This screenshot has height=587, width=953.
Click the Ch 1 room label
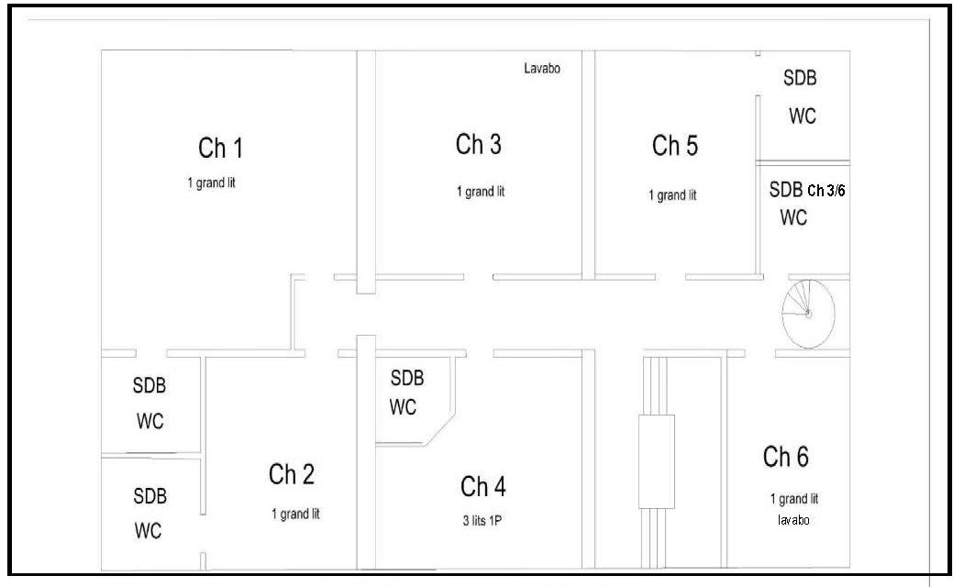click(220, 149)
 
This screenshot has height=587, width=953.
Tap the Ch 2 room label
click(292, 474)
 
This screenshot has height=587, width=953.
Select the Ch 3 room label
click(478, 145)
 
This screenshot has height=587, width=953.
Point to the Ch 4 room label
click(483, 487)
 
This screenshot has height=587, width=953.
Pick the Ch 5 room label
click(675, 146)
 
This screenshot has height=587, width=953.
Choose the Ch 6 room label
click(786, 457)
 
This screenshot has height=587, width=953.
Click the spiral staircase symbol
click(808, 314)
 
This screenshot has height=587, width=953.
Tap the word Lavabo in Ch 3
click(542, 68)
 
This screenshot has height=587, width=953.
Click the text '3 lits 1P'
click(482, 521)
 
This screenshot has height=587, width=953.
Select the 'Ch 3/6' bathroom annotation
click(826, 191)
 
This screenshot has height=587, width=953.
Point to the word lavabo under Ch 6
click(793, 520)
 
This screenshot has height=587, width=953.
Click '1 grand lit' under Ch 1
click(212, 183)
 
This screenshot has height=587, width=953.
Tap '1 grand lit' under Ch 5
click(673, 195)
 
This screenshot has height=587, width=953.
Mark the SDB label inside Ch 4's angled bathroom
click(407, 378)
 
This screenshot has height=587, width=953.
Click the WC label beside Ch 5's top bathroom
click(803, 116)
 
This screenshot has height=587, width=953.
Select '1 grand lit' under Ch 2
click(295, 514)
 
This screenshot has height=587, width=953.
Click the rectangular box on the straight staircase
click(657, 462)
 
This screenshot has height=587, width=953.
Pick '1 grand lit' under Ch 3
click(481, 192)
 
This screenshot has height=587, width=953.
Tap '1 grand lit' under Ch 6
click(794, 500)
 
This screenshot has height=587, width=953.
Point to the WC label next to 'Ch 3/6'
click(793, 217)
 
